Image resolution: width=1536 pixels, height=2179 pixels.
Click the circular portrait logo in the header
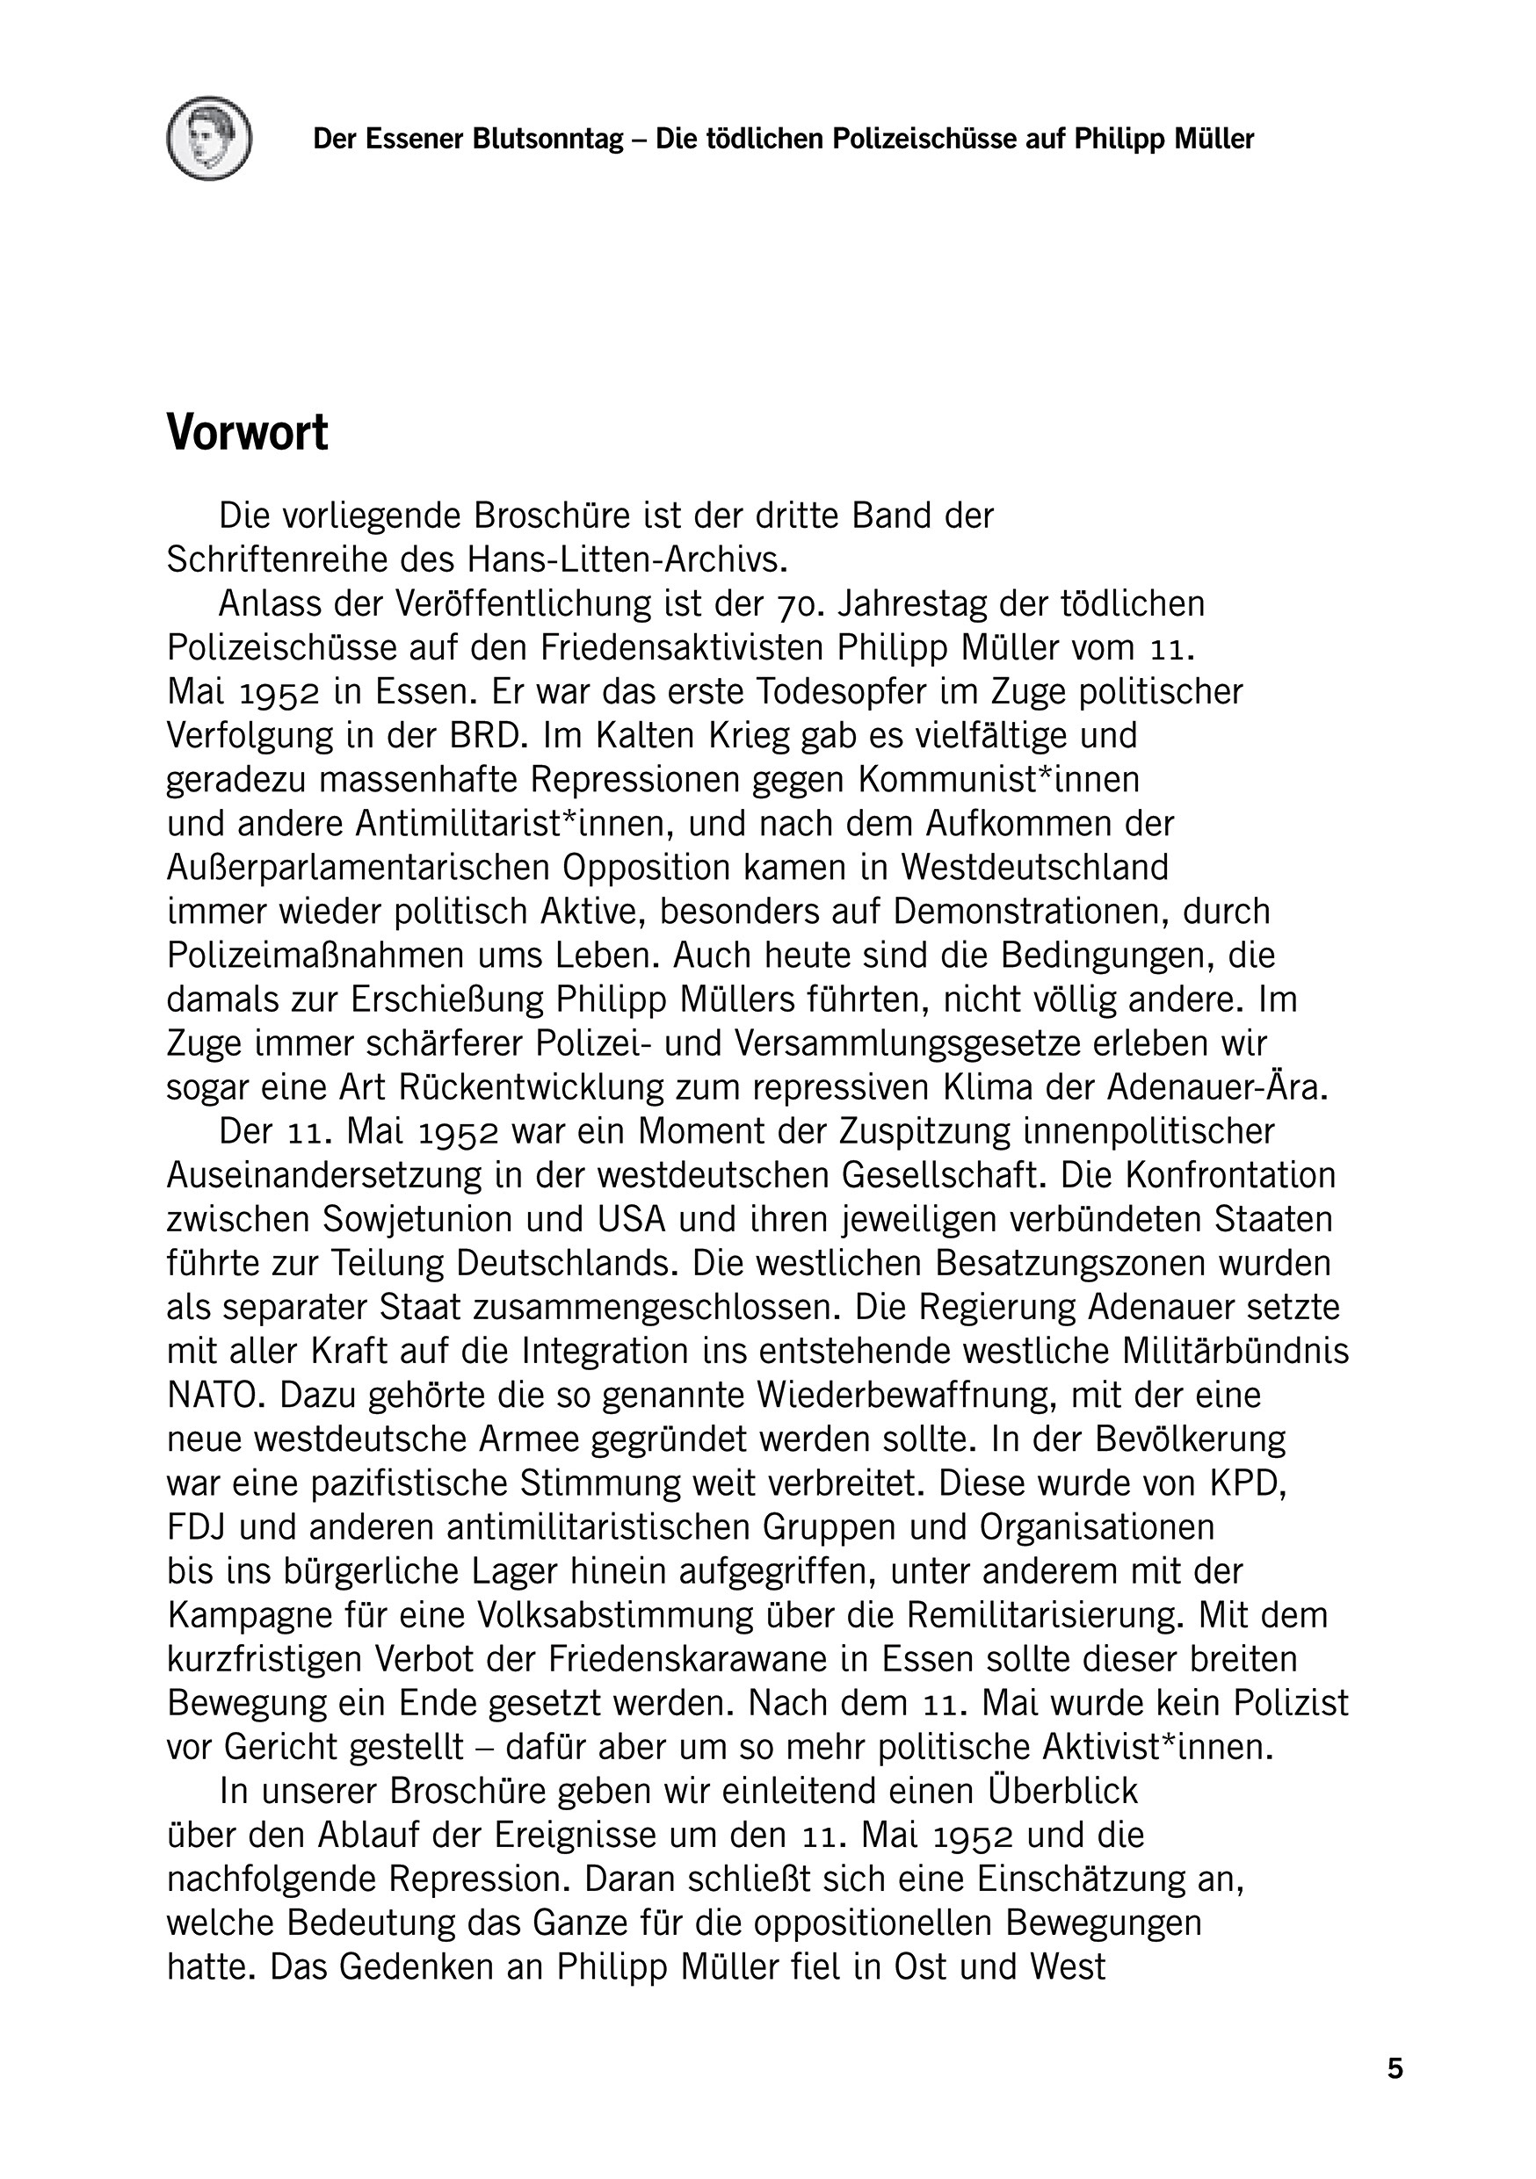[209, 139]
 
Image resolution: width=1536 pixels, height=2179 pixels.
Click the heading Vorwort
[247, 433]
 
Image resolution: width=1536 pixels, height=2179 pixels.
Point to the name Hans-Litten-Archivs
[627, 560]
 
